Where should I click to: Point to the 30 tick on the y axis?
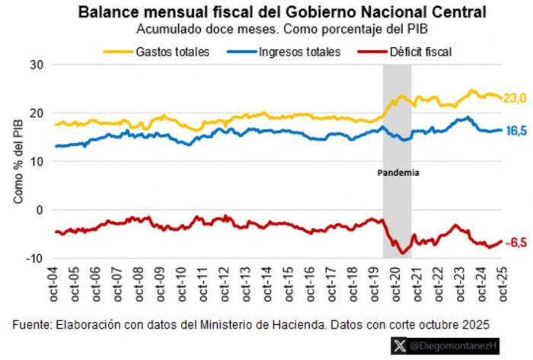38,65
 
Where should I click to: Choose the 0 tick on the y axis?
41,210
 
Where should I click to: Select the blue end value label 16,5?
517,131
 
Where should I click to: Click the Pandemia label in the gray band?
398,173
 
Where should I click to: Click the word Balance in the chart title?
107,13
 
